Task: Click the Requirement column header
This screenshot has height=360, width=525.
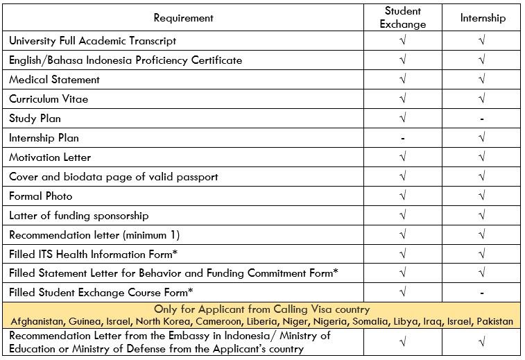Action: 183,17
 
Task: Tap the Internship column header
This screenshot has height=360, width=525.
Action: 483,17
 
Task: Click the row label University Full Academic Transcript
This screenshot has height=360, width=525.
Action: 92,41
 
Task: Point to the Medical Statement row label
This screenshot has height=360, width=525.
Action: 54,80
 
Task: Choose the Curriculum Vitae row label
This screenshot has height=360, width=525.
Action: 49,99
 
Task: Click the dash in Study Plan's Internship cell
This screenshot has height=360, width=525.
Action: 482,119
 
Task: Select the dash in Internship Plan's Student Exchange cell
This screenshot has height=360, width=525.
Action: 403,138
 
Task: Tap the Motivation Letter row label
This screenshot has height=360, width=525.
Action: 50,157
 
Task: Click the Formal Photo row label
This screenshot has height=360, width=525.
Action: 41,196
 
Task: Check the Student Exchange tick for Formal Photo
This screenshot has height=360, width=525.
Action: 403,196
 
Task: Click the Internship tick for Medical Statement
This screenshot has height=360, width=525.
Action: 482,80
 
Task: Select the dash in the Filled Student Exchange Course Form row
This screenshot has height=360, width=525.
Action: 482,293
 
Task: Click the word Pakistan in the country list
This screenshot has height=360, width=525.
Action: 493,321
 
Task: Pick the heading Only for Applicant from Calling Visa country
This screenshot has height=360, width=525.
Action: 261,309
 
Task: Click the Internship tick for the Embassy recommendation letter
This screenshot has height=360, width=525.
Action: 482,342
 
